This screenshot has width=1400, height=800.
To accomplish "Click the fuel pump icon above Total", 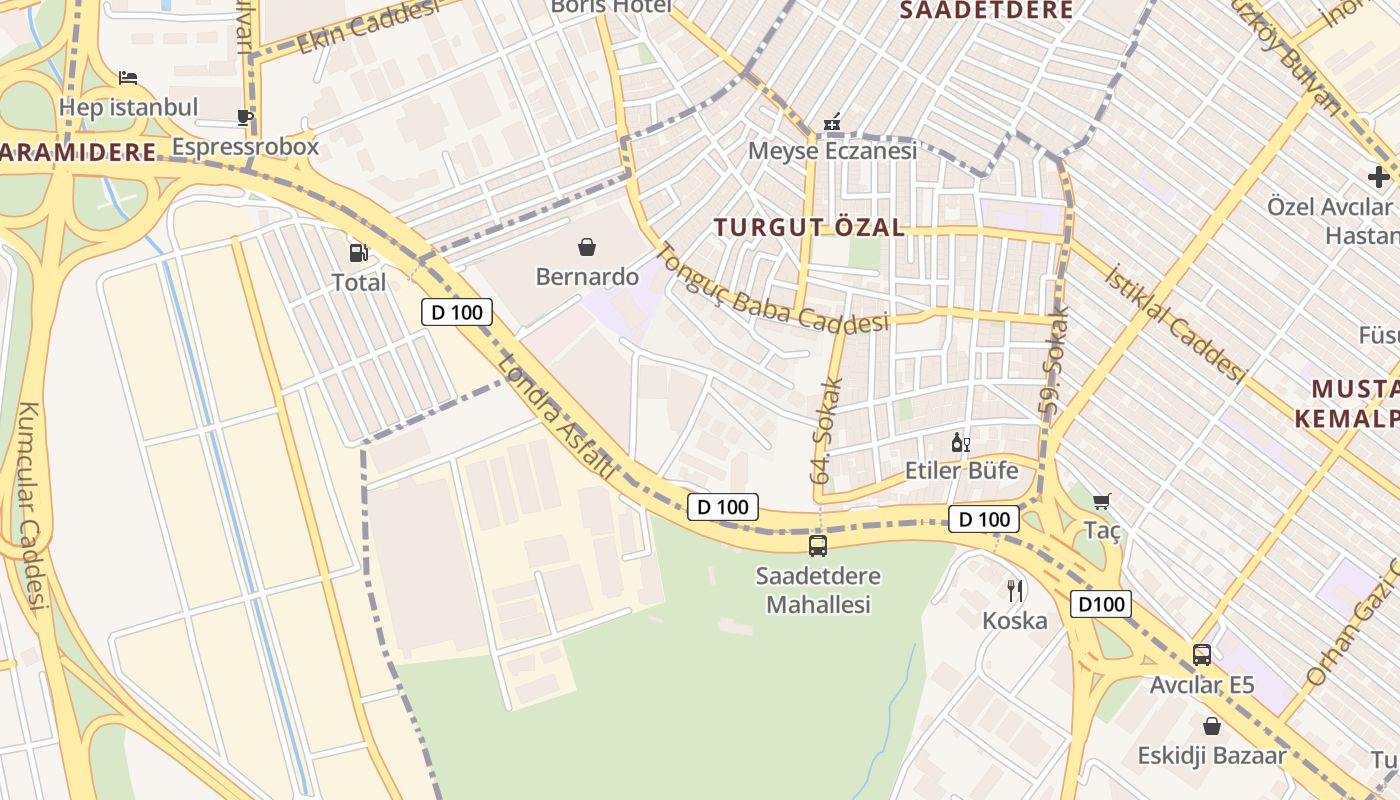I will (358, 253).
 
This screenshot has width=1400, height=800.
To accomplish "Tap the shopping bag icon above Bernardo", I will (587, 246).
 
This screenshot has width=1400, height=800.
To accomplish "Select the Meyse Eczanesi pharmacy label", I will (832, 151).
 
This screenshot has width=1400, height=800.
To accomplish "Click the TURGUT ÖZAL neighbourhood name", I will (810, 227).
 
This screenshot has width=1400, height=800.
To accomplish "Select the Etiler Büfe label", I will (961, 470).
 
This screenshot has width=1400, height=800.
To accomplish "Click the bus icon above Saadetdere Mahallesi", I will (818, 546).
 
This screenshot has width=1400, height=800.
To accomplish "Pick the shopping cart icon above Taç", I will (1102, 501).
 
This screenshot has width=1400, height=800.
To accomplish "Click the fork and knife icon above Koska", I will (1015, 591).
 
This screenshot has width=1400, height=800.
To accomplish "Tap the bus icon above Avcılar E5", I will (1202, 655).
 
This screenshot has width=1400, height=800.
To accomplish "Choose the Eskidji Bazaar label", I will (1212, 755).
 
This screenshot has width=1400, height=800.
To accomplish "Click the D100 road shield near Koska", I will (1101, 604).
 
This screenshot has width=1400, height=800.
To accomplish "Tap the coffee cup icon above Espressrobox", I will (245, 117).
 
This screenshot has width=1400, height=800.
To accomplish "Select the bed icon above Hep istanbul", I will (128, 77).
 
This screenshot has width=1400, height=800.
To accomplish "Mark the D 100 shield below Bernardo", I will (457, 312).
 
